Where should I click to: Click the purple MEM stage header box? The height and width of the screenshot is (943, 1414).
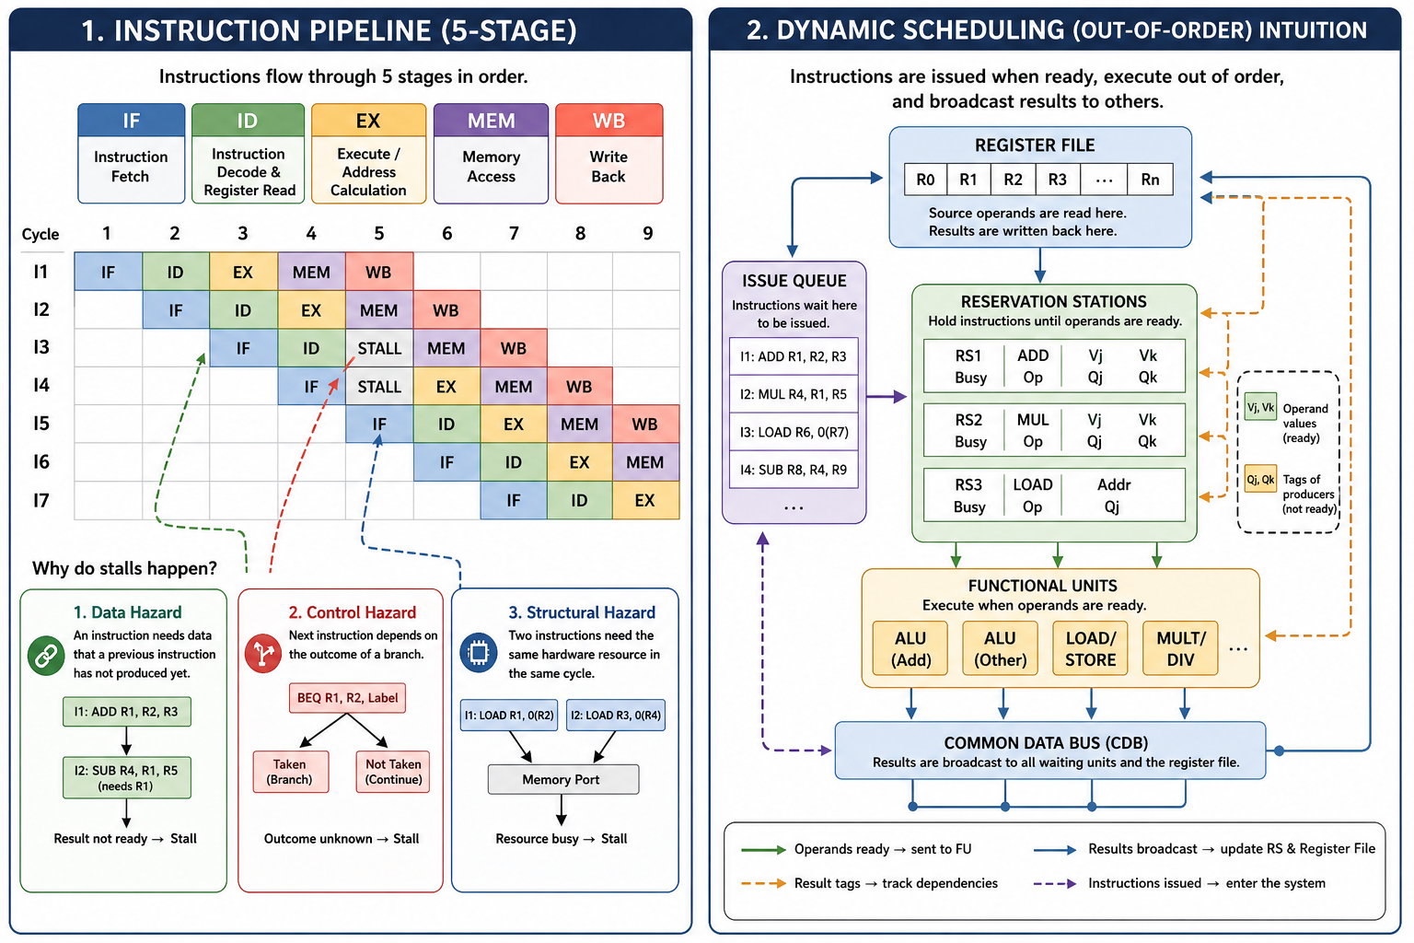tap(491, 154)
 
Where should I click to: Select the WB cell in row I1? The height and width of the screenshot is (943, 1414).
tap(379, 272)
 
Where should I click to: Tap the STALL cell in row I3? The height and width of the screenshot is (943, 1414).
tap(379, 348)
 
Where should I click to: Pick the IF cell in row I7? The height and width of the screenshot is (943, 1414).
tap(513, 500)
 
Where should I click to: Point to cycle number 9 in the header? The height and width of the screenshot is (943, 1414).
tap(648, 234)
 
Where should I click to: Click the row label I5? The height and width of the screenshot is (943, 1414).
tap(41, 424)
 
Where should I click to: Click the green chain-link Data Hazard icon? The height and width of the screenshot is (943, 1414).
tap(46, 657)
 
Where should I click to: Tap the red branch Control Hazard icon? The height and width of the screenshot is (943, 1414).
tap(262, 653)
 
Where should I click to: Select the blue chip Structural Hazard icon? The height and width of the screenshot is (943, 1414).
tap(479, 653)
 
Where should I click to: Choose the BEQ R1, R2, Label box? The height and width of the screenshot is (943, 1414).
tap(347, 698)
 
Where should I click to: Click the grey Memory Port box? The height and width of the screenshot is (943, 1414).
tap(563, 779)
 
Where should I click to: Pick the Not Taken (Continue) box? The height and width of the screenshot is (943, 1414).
tap(393, 771)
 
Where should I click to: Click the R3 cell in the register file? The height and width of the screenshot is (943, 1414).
tap(1058, 180)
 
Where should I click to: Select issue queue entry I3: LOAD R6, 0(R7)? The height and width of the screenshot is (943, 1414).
tap(794, 432)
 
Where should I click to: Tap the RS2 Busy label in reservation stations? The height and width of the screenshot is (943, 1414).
tap(969, 430)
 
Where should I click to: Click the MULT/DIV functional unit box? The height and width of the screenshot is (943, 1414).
tap(1180, 648)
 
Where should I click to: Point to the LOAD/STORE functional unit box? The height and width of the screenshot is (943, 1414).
tap(1090, 648)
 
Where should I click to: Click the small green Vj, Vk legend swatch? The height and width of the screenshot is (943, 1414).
tap(1260, 407)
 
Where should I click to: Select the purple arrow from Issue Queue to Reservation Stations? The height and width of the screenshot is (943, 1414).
tap(887, 397)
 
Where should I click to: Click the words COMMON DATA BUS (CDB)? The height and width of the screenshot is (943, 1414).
tap(1046, 743)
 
